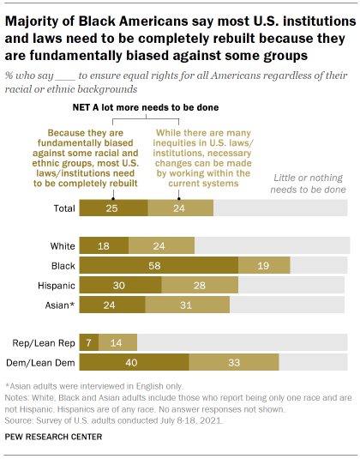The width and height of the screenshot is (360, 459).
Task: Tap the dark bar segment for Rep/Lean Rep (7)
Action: pos(88,342)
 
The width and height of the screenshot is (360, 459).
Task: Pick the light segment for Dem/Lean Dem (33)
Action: pos(233,363)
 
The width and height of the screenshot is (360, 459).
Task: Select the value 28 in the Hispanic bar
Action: pos(199,285)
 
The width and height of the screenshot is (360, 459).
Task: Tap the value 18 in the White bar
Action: pos(103,245)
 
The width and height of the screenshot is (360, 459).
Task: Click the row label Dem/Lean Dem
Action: pos(39,363)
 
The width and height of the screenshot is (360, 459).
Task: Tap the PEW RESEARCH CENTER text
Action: pos(53,438)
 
